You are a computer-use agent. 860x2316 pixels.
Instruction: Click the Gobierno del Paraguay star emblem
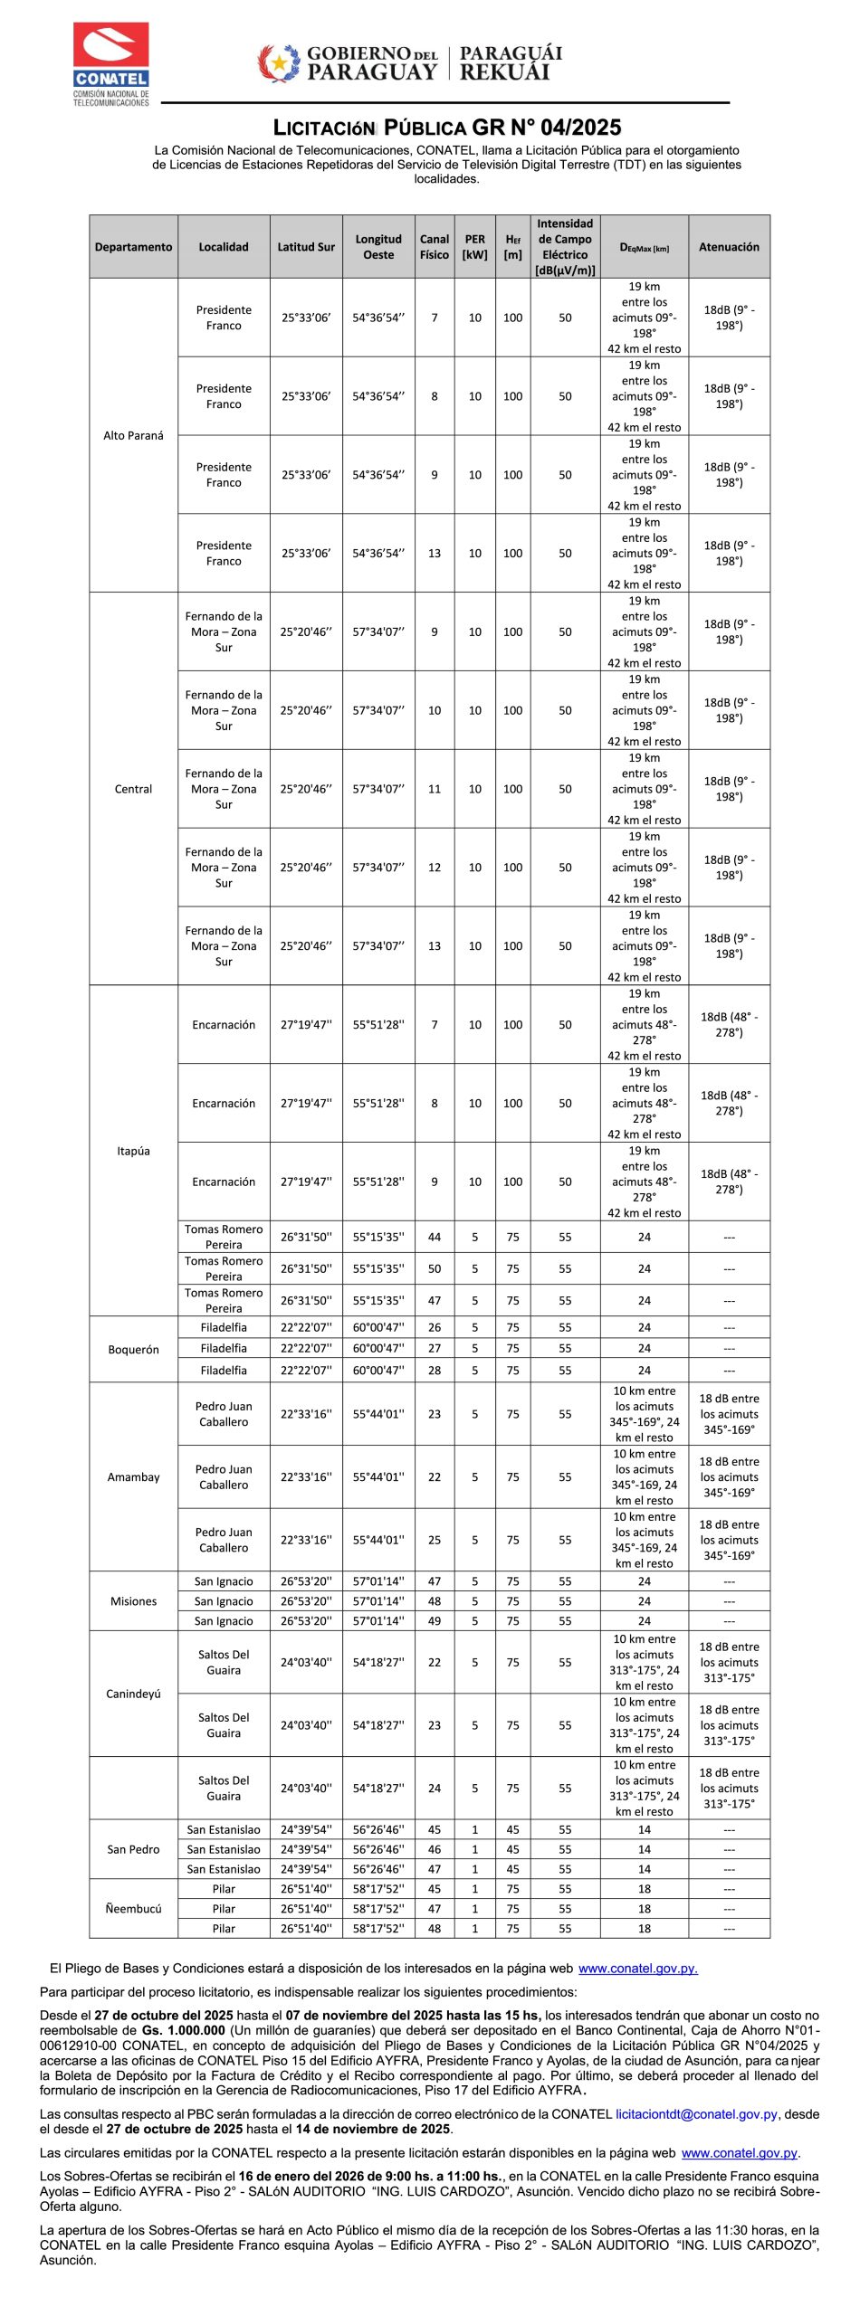point(279,63)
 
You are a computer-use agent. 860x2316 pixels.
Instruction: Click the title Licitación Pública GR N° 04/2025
point(447,128)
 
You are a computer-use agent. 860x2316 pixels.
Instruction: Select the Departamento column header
point(133,247)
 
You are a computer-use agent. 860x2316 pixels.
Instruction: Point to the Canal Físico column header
point(435,247)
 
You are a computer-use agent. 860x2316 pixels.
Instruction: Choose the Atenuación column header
point(729,247)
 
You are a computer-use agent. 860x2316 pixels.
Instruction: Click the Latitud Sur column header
point(306,247)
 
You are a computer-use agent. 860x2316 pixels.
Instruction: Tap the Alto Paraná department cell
point(133,435)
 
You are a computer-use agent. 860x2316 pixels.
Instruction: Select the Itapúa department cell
point(133,1151)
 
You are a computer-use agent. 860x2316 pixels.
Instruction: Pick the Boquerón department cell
point(133,1349)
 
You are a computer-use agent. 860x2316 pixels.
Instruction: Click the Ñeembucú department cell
point(133,1908)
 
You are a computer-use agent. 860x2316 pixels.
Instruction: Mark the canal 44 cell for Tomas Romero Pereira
point(435,1237)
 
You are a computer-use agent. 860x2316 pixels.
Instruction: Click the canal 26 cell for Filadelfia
point(435,1327)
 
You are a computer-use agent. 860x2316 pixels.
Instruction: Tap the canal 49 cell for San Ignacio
point(435,1620)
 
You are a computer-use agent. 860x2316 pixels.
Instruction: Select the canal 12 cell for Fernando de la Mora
point(435,868)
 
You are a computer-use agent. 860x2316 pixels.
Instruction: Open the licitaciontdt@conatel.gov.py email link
point(696,2113)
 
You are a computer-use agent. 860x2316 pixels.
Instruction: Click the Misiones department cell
point(133,1600)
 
